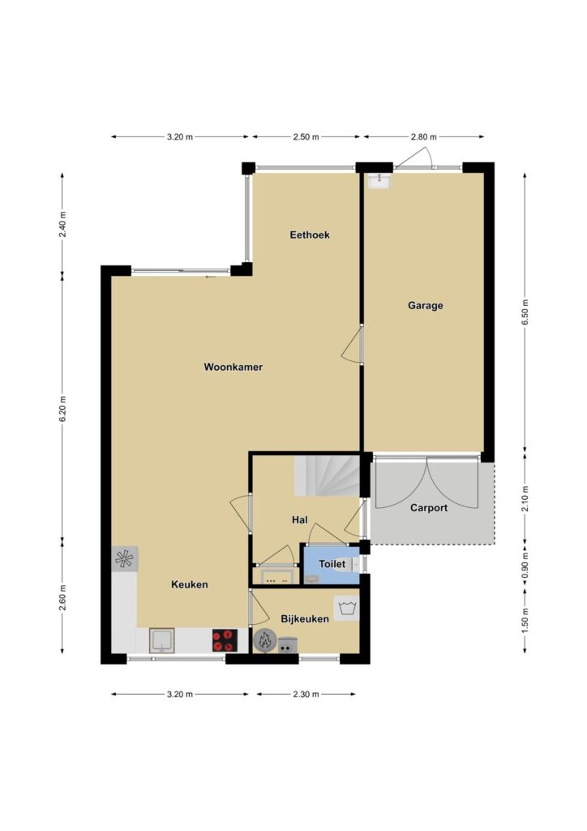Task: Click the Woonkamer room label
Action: (233, 367)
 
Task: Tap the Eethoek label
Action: (310, 235)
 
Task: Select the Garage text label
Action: (425, 305)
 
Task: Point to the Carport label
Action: (429, 508)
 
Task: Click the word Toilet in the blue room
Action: (332, 565)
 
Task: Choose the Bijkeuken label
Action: (305, 618)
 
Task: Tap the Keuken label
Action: (190, 584)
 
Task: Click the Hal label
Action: (300, 520)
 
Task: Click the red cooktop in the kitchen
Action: (225, 639)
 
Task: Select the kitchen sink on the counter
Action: (162, 640)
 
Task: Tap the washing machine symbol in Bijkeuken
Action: (347, 607)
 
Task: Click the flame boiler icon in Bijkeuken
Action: (264, 641)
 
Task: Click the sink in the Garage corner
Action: (380, 181)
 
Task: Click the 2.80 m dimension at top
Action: (424, 136)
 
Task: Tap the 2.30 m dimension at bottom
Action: (306, 694)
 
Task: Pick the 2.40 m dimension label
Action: (62, 226)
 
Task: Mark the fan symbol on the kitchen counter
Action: (125, 558)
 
